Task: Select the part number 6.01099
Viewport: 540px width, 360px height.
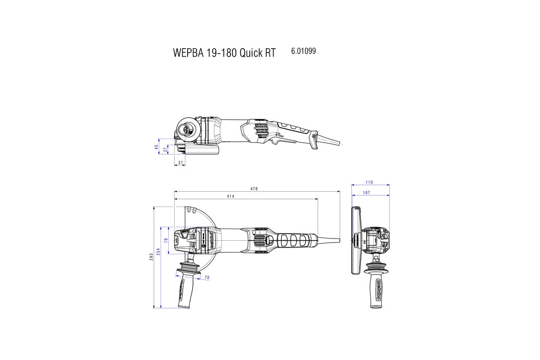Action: (x=303, y=51)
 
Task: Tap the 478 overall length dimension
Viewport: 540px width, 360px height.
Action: (x=254, y=189)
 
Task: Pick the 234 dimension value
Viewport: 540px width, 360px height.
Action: (x=158, y=252)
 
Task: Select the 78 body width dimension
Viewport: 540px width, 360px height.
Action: (x=166, y=241)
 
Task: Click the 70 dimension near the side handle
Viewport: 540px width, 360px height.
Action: (x=207, y=278)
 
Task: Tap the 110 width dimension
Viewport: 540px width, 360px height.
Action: (x=369, y=182)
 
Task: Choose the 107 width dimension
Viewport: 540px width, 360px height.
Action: (x=366, y=193)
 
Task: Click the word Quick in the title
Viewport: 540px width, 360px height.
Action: (x=251, y=53)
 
